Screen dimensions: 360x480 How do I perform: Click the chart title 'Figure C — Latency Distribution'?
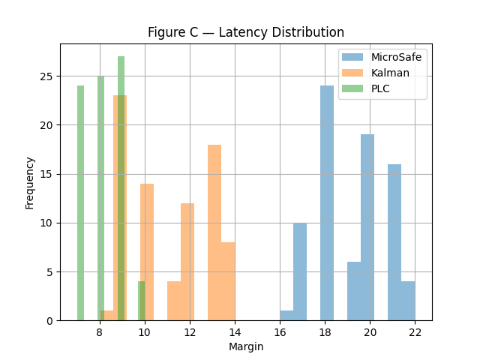coord(246,32)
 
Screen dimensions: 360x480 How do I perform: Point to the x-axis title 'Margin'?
coord(246,346)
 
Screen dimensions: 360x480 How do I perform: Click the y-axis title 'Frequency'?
coord(30,182)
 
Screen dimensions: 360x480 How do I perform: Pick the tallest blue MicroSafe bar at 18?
coord(327,202)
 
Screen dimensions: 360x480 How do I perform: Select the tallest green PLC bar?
coord(121,187)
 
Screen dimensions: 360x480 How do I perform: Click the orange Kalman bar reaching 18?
coord(214,232)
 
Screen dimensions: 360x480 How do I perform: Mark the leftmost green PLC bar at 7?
coord(80,202)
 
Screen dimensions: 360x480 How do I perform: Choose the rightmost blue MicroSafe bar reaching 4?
coord(408,301)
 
